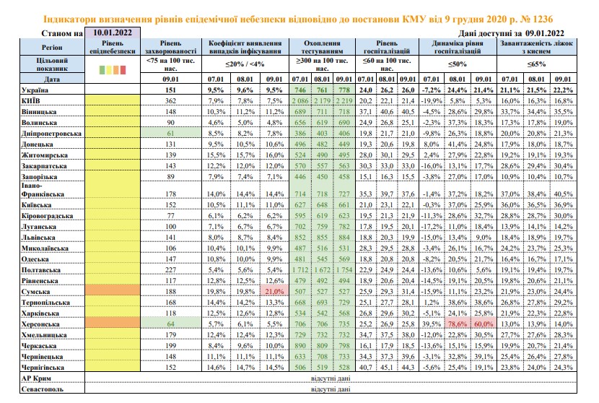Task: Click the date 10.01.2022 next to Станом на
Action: pyautogui.click(x=113, y=32)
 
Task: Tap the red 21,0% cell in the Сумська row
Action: pyautogui.click(x=274, y=291)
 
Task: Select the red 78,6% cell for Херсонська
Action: pyautogui.click(x=458, y=324)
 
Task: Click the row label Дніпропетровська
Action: pyautogui.click(x=51, y=134)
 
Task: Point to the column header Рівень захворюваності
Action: pyautogui.click(x=171, y=47)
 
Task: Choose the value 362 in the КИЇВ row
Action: pyautogui.click(x=171, y=101)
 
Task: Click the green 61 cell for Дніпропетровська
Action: pyautogui.click(x=171, y=134)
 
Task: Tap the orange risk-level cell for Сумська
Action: pyautogui.click(x=113, y=290)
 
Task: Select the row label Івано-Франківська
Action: pyautogui.click(x=43, y=190)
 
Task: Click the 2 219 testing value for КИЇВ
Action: pyautogui.click(x=344, y=101)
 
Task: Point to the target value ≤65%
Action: pyautogui.click(x=536, y=64)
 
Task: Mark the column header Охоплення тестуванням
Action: pyautogui.click(x=322, y=47)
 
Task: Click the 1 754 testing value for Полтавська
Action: pyautogui.click(x=344, y=270)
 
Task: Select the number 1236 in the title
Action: pyautogui.click(x=543, y=19)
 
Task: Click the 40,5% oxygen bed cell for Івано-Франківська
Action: pyautogui.click(x=563, y=194)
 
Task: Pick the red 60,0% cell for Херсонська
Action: pyautogui.click(x=484, y=324)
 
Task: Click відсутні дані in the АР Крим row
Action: pyautogui.click(x=331, y=378)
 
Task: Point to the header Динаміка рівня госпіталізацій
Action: pyautogui.click(x=458, y=47)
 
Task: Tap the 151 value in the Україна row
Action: pyautogui.click(x=171, y=90)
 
